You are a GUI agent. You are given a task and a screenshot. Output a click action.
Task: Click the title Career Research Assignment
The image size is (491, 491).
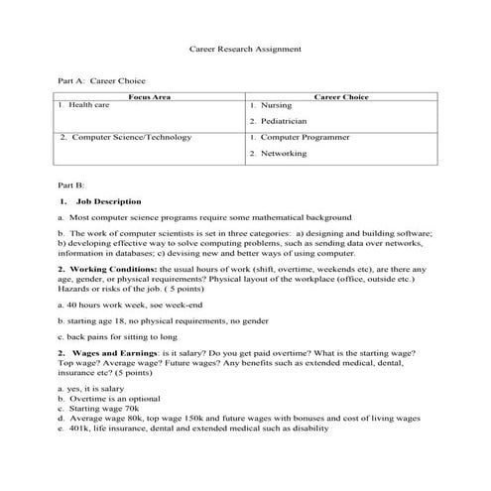click(x=245, y=48)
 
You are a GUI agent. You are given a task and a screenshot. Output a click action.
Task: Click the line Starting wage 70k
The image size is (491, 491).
click(x=104, y=409)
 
